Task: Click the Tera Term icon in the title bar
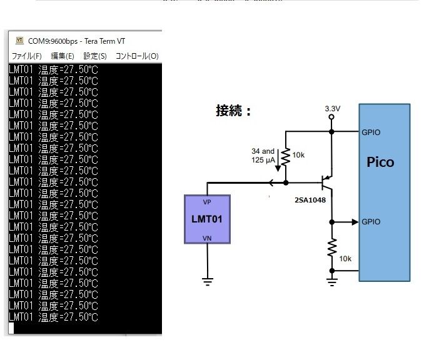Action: tap(19, 39)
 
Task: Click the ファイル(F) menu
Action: tap(27, 56)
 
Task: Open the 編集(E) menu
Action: tap(63, 56)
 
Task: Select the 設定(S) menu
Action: tap(95, 56)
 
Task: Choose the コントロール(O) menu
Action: tap(137, 56)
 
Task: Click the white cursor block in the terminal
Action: tap(11, 328)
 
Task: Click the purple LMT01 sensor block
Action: tap(207, 219)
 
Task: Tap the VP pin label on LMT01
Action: tap(207, 202)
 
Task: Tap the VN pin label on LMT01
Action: tap(207, 237)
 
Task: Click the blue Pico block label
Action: tap(380, 162)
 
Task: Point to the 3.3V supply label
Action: tap(332, 108)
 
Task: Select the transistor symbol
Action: tap(326, 182)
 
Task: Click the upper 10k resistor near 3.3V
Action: tap(286, 157)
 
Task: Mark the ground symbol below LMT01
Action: tap(207, 281)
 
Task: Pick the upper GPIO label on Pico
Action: tap(371, 132)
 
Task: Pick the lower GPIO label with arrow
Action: tap(371, 222)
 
